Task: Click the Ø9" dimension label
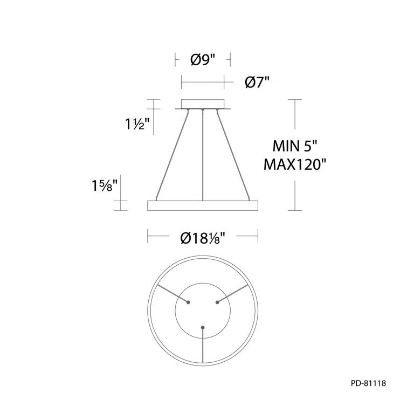[x=203, y=60]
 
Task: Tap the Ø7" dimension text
[x=257, y=82]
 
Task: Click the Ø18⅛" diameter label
[x=203, y=237]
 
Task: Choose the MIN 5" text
[x=296, y=146]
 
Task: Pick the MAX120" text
[x=296, y=164]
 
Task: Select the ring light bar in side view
[x=203, y=205]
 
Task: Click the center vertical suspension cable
[x=203, y=156]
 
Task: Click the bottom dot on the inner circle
[x=203, y=327]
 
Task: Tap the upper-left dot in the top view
[x=188, y=302]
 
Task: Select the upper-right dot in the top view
[x=218, y=302]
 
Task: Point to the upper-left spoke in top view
[x=169, y=294]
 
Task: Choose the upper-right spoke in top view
[x=237, y=294]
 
